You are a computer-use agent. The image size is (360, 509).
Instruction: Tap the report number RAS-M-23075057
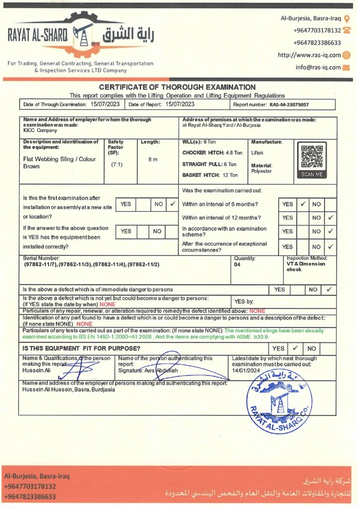coord(289,105)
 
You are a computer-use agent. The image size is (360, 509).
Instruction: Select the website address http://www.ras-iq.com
coord(309,55)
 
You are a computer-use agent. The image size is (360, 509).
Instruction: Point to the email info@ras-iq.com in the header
coord(318,67)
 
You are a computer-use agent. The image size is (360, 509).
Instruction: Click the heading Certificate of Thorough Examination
coord(177,87)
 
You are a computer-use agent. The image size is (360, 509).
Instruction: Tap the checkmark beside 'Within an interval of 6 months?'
coord(302,204)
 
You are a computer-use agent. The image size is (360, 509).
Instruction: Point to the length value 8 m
coord(153,160)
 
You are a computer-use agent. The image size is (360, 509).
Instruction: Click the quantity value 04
coord(237,265)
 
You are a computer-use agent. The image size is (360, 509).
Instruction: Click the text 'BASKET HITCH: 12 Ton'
coord(210,175)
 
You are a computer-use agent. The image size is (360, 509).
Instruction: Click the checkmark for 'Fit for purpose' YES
coord(294,348)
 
